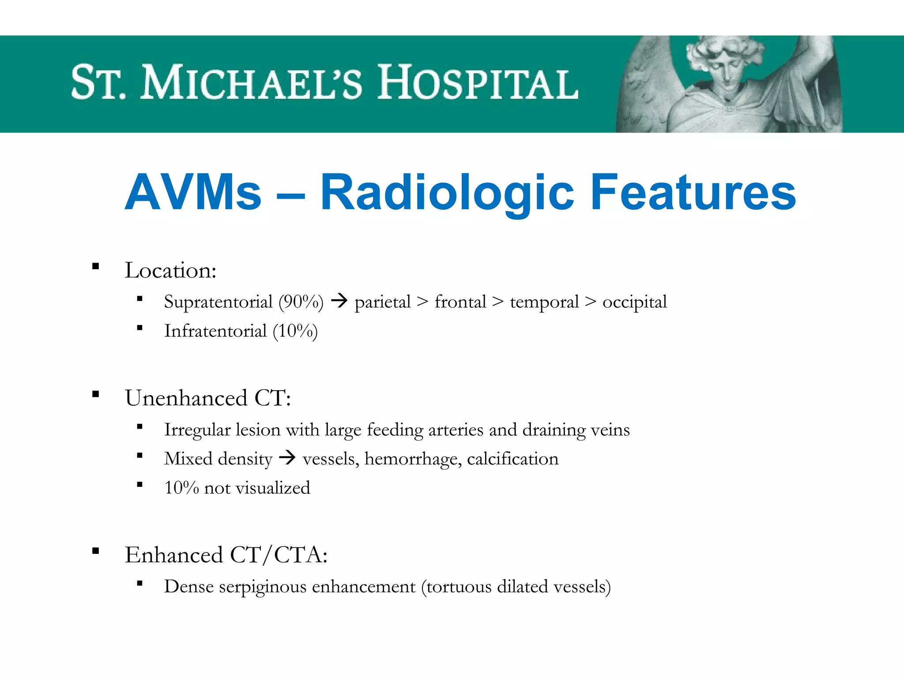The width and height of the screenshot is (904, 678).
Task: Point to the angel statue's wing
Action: [644, 88]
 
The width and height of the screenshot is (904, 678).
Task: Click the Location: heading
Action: [170, 270]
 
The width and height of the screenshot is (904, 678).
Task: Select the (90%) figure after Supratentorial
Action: [301, 302]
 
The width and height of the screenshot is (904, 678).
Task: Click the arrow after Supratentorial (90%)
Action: [339, 301]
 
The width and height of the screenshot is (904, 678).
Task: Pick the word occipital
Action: [634, 302]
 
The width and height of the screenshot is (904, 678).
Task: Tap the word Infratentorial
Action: [215, 331]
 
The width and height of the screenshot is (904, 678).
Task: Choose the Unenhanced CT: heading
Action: [208, 398]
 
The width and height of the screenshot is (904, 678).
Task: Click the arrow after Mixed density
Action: [287, 458]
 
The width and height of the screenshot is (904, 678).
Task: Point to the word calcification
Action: [512, 459]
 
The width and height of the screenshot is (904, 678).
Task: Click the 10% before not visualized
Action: [181, 488]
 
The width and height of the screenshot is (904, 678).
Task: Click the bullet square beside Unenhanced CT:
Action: [95, 394]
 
